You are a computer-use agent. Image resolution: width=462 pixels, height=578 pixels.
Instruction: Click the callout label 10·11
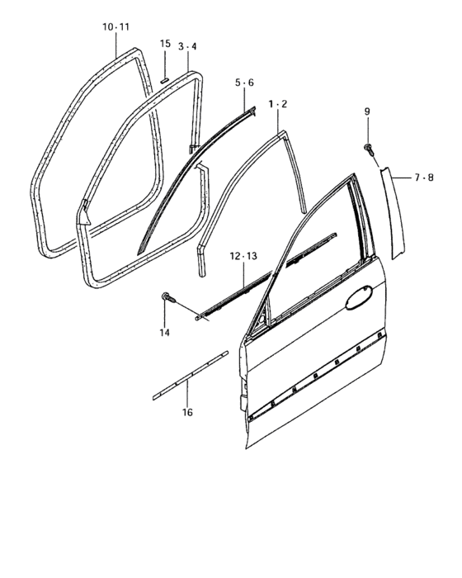pyautogui.click(x=115, y=27)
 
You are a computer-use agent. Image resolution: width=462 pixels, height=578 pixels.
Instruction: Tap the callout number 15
pyautogui.click(x=165, y=44)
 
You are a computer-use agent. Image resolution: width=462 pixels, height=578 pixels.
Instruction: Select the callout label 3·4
pyautogui.click(x=187, y=46)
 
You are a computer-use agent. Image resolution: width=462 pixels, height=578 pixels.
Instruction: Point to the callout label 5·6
pyautogui.click(x=245, y=83)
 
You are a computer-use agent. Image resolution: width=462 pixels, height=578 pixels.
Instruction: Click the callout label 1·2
pyautogui.click(x=278, y=104)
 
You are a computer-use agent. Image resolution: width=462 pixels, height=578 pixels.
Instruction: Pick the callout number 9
pyautogui.click(x=367, y=111)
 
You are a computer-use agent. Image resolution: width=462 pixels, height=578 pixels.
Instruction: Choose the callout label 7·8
pyautogui.click(x=424, y=178)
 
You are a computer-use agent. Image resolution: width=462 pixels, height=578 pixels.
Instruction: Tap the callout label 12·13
pyautogui.click(x=243, y=256)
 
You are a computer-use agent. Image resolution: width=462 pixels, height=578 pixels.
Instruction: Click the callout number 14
pyautogui.click(x=165, y=333)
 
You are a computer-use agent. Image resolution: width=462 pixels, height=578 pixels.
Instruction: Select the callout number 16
pyautogui.click(x=187, y=412)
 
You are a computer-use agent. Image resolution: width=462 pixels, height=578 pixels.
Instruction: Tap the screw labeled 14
pyautogui.click(x=169, y=297)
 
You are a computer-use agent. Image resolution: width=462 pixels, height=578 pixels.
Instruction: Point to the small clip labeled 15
pyautogui.click(x=165, y=80)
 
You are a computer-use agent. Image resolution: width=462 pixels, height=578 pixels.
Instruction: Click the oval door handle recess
pyautogui.click(x=359, y=297)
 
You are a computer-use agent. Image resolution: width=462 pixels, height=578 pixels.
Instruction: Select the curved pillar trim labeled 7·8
pyautogui.click(x=393, y=212)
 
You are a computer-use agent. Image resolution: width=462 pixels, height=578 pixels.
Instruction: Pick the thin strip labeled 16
pyautogui.click(x=191, y=375)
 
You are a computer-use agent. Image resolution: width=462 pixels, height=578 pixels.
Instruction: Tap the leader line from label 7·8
pyautogui.click(x=401, y=178)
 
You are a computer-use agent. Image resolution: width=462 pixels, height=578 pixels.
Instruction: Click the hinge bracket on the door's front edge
pyautogui.click(x=243, y=403)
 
